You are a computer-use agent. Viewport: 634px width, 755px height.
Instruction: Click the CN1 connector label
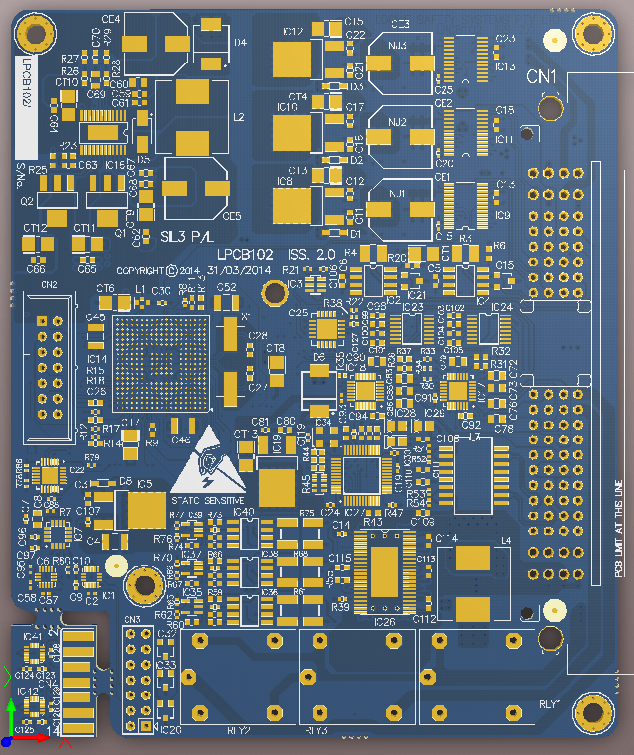(x=541, y=76)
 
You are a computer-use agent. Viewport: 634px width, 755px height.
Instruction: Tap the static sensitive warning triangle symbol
(x=207, y=460)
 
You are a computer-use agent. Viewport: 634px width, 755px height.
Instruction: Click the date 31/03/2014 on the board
(x=241, y=269)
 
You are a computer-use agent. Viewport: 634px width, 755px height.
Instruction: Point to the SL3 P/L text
(x=186, y=236)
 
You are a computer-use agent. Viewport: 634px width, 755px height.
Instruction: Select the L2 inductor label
(x=238, y=117)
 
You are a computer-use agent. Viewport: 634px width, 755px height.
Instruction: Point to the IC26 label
(x=384, y=622)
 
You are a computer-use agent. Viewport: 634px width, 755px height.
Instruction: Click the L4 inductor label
(x=506, y=540)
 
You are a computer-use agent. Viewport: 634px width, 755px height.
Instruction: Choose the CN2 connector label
(x=49, y=285)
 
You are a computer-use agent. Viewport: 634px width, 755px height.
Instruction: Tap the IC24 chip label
(x=502, y=308)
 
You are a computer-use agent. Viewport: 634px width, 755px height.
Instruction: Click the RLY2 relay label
(x=238, y=730)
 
